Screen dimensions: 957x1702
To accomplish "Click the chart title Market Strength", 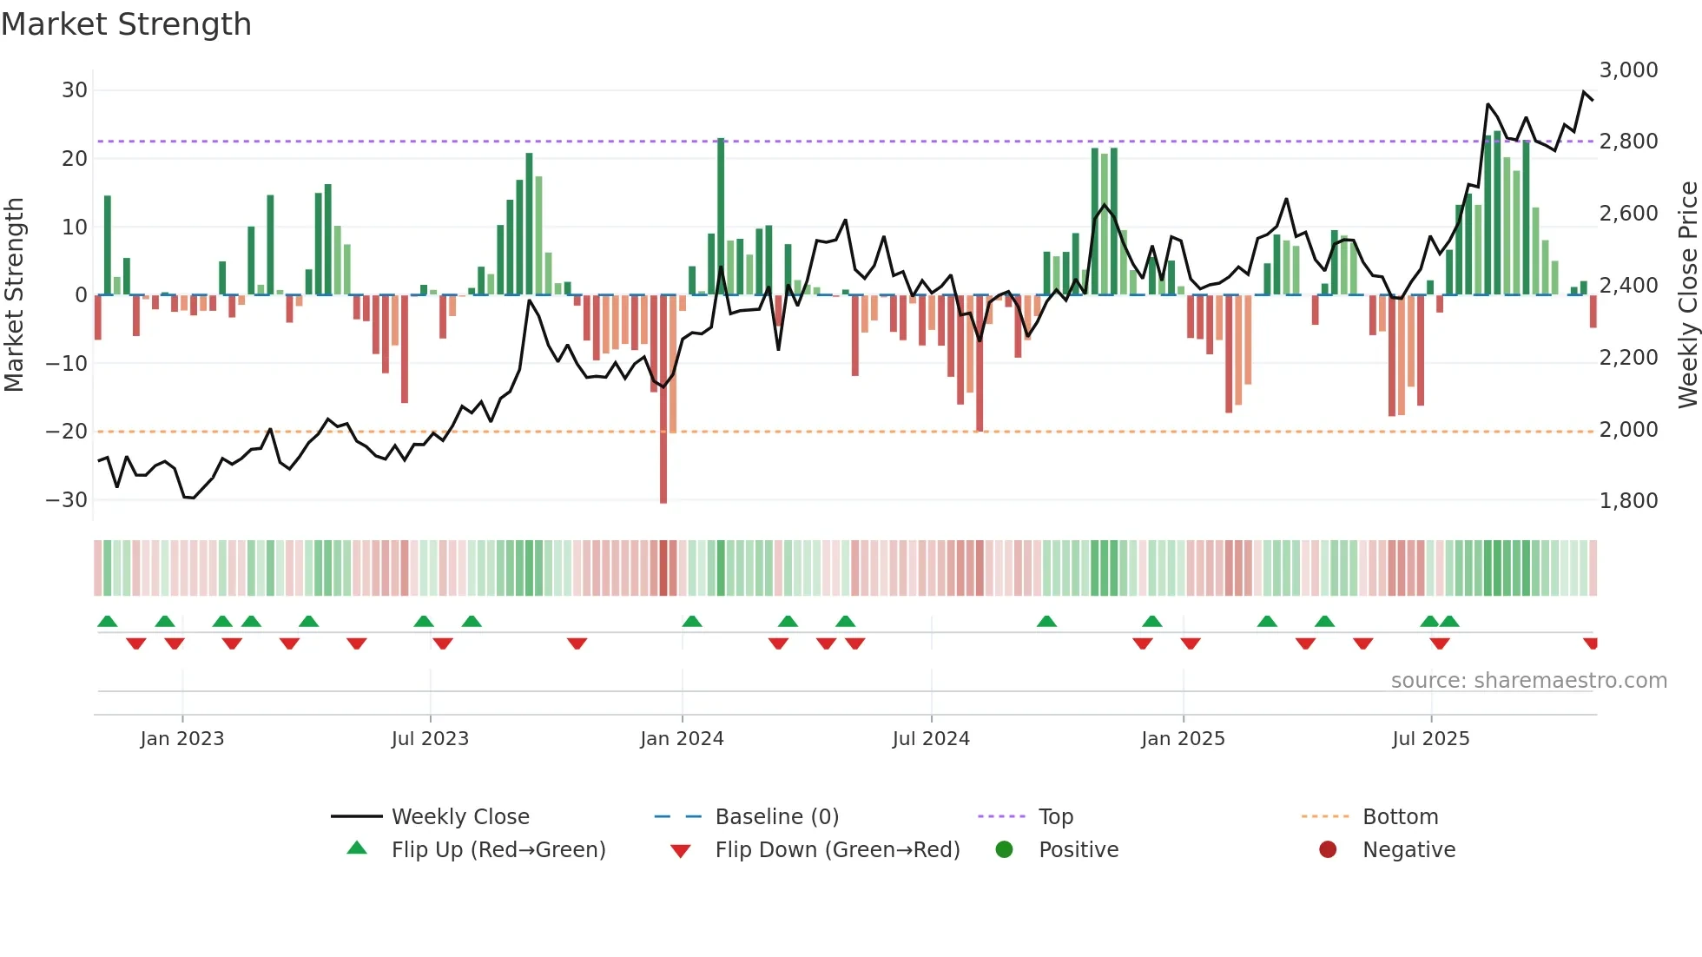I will pyautogui.click(x=126, y=24).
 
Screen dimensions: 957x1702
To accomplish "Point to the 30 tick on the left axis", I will pyautogui.click(x=75, y=90).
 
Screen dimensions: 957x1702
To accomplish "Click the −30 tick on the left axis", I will pyautogui.click(x=67, y=500).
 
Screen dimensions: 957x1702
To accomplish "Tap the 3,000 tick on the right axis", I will pyautogui.click(x=1628, y=70).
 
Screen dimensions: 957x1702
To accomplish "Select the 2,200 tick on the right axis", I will pyautogui.click(x=1628, y=357).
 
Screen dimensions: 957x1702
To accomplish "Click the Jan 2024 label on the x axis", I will pyautogui.click(x=682, y=739).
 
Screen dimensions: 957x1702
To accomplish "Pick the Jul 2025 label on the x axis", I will pyautogui.click(x=1430, y=739).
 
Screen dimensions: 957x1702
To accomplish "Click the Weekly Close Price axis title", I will pyautogui.click(x=1687, y=295).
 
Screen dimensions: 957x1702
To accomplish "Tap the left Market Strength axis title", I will pyautogui.click(x=15, y=295).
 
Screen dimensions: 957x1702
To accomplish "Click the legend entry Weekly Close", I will pyautogui.click(x=460, y=817).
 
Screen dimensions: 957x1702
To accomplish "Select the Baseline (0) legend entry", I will pyautogui.click(x=776, y=817).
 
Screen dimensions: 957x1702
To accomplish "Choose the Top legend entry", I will pyautogui.click(x=1056, y=817).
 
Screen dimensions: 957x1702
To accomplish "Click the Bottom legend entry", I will pyautogui.click(x=1400, y=817).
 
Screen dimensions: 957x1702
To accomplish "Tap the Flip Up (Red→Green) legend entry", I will pyautogui.click(x=498, y=850).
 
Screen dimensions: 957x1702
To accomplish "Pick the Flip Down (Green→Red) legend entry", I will pyautogui.click(x=837, y=850).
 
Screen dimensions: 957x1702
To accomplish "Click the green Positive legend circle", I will pyautogui.click(x=1005, y=850).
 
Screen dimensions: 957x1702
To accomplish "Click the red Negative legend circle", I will pyautogui.click(x=1328, y=850).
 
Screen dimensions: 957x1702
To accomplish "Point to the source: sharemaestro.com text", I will pyautogui.click(x=1528, y=681).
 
